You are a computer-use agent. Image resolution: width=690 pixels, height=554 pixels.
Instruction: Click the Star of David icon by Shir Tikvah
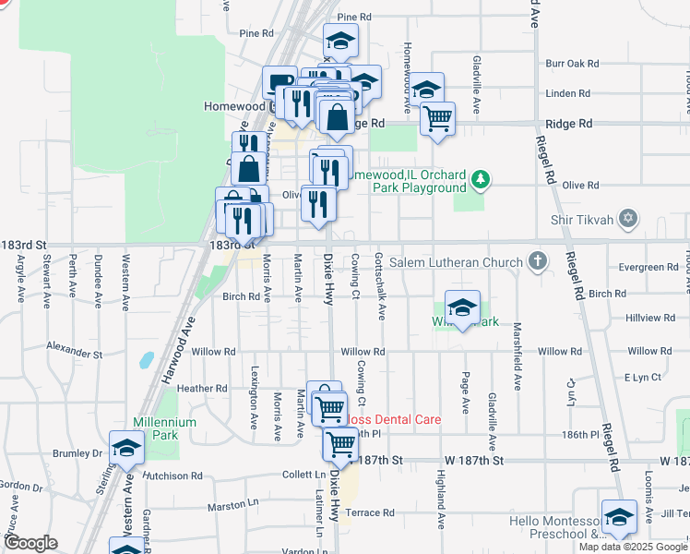[628, 219]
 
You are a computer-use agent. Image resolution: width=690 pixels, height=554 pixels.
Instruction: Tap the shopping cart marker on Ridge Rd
[437, 118]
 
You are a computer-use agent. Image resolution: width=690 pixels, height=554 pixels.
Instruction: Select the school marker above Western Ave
[126, 450]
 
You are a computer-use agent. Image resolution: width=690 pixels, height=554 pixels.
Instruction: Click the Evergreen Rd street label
[648, 268]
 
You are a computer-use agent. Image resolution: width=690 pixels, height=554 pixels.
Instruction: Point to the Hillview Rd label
[649, 318]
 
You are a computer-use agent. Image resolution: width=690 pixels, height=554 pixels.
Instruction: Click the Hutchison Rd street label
[171, 476]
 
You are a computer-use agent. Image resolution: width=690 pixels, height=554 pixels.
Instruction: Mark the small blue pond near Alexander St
[146, 360]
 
